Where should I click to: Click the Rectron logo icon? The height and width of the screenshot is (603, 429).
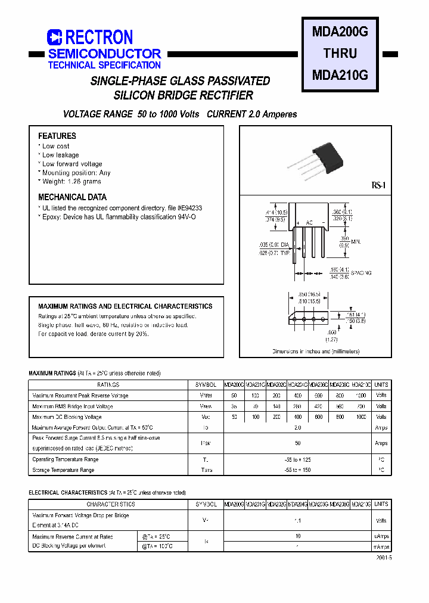click(54, 38)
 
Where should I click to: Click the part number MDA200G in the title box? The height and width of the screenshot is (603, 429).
click(340, 33)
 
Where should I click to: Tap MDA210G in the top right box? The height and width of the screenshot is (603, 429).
click(340, 75)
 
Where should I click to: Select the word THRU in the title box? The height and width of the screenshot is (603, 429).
click(340, 54)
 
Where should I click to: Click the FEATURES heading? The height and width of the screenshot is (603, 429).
click(57, 136)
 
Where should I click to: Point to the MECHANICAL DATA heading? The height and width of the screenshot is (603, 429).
click(73, 197)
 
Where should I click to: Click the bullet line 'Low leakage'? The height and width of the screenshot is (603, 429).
click(61, 155)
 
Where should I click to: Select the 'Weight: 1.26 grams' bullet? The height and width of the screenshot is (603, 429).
click(71, 182)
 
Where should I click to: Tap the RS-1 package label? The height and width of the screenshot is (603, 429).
click(379, 187)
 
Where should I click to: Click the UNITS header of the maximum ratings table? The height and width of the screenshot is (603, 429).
click(381, 385)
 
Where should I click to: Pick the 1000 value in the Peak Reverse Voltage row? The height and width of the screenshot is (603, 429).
click(361, 396)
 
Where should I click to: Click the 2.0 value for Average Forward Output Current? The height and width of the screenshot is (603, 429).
click(298, 428)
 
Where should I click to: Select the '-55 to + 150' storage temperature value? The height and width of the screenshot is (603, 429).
click(298, 470)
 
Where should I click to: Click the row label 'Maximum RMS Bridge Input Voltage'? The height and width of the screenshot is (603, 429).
click(72, 406)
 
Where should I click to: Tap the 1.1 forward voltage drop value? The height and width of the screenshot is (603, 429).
click(298, 521)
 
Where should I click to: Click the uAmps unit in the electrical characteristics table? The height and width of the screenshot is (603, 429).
click(381, 536)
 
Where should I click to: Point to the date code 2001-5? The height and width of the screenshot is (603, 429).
click(384, 558)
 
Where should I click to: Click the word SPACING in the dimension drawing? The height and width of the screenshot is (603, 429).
click(361, 273)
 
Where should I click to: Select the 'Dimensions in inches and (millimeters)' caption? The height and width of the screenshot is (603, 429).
click(316, 352)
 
